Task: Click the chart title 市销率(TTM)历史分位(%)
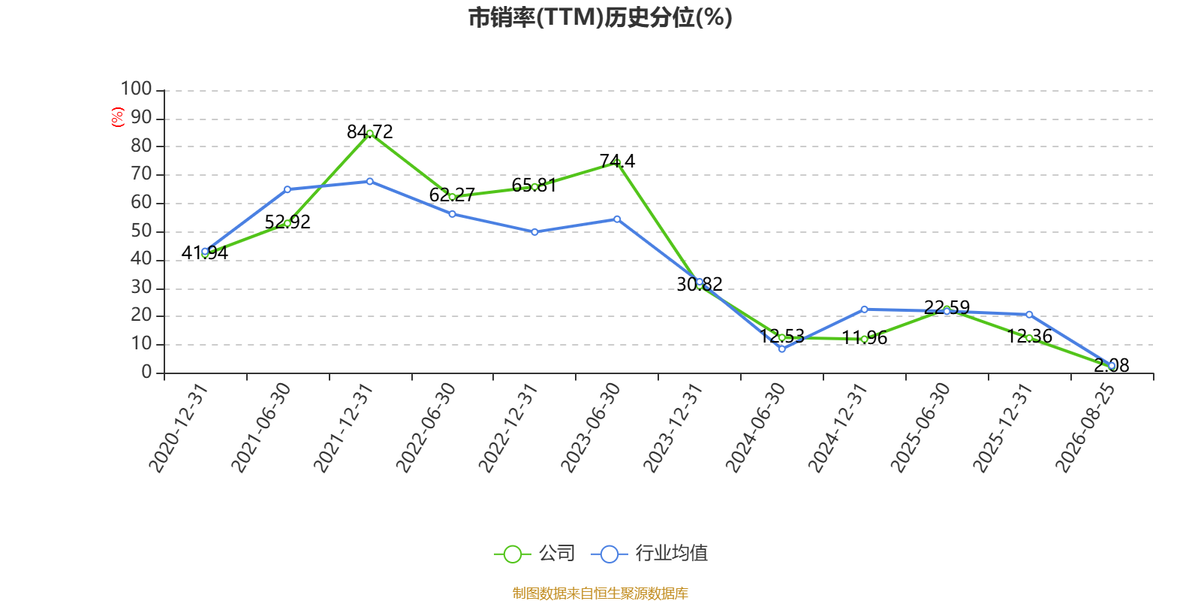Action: [600, 17]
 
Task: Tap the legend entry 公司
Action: [534, 553]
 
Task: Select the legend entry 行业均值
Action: [649, 553]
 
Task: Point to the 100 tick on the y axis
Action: [136, 89]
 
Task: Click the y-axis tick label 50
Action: [141, 231]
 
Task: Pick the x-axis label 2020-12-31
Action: [178, 427]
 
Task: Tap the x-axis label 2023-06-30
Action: [590, 427]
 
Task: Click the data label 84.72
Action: [370, 131]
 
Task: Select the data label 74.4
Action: [617, 161]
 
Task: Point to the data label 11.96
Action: [864, 337]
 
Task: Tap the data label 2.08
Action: [1112, 365]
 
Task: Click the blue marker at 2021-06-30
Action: [287, 189]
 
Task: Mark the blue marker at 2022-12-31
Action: [534, 232]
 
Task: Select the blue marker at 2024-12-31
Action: [864, 310]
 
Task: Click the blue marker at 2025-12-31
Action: [1029, 315]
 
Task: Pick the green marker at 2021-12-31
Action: [370, 134]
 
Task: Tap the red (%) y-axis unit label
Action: [117, 117]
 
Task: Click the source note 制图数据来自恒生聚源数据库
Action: [600, 593]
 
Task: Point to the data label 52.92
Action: [287, 222]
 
